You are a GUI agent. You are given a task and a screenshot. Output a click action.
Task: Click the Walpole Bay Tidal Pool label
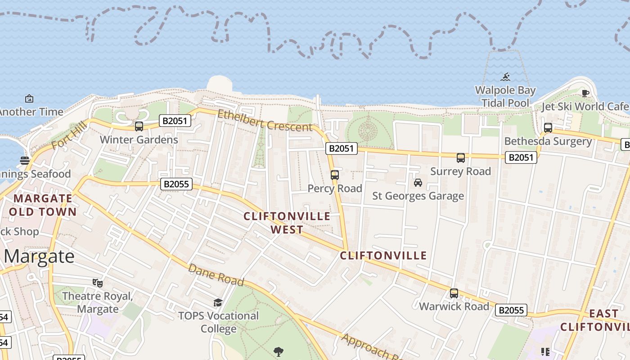point(505,96)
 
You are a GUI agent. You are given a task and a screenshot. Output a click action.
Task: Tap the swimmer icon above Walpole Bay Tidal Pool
point(505,77)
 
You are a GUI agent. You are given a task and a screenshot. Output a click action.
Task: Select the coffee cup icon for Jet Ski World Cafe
point(585,94)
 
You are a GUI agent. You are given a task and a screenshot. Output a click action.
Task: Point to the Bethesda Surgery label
point(548,141)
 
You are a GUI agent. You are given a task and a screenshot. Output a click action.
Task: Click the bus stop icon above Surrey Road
point(460,158)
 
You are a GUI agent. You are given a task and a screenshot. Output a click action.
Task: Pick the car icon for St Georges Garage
point(418,183)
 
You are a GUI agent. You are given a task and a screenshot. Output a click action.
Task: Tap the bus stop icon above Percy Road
point(334,175)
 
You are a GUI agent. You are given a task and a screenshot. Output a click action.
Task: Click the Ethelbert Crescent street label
point(265,121)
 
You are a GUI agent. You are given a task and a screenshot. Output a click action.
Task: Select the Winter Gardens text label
point(139,139)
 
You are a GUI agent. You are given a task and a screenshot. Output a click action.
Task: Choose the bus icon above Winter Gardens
point(139,126)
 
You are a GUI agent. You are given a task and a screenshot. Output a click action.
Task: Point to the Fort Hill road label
point(68,138)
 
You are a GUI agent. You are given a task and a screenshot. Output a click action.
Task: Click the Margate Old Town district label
point(43,205)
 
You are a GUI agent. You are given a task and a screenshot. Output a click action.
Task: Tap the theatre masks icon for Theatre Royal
point(97,283)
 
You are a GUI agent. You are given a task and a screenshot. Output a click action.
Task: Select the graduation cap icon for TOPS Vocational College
point(218,302)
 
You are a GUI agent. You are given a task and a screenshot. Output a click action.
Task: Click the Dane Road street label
point(216,275)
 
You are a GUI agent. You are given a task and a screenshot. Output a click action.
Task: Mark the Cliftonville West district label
point(287,223)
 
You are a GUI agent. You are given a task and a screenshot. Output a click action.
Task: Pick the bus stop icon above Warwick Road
point(454,293)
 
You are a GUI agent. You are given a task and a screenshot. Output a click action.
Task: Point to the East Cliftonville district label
point(596,320)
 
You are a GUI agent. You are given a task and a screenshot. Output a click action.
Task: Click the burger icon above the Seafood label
point(25,161)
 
